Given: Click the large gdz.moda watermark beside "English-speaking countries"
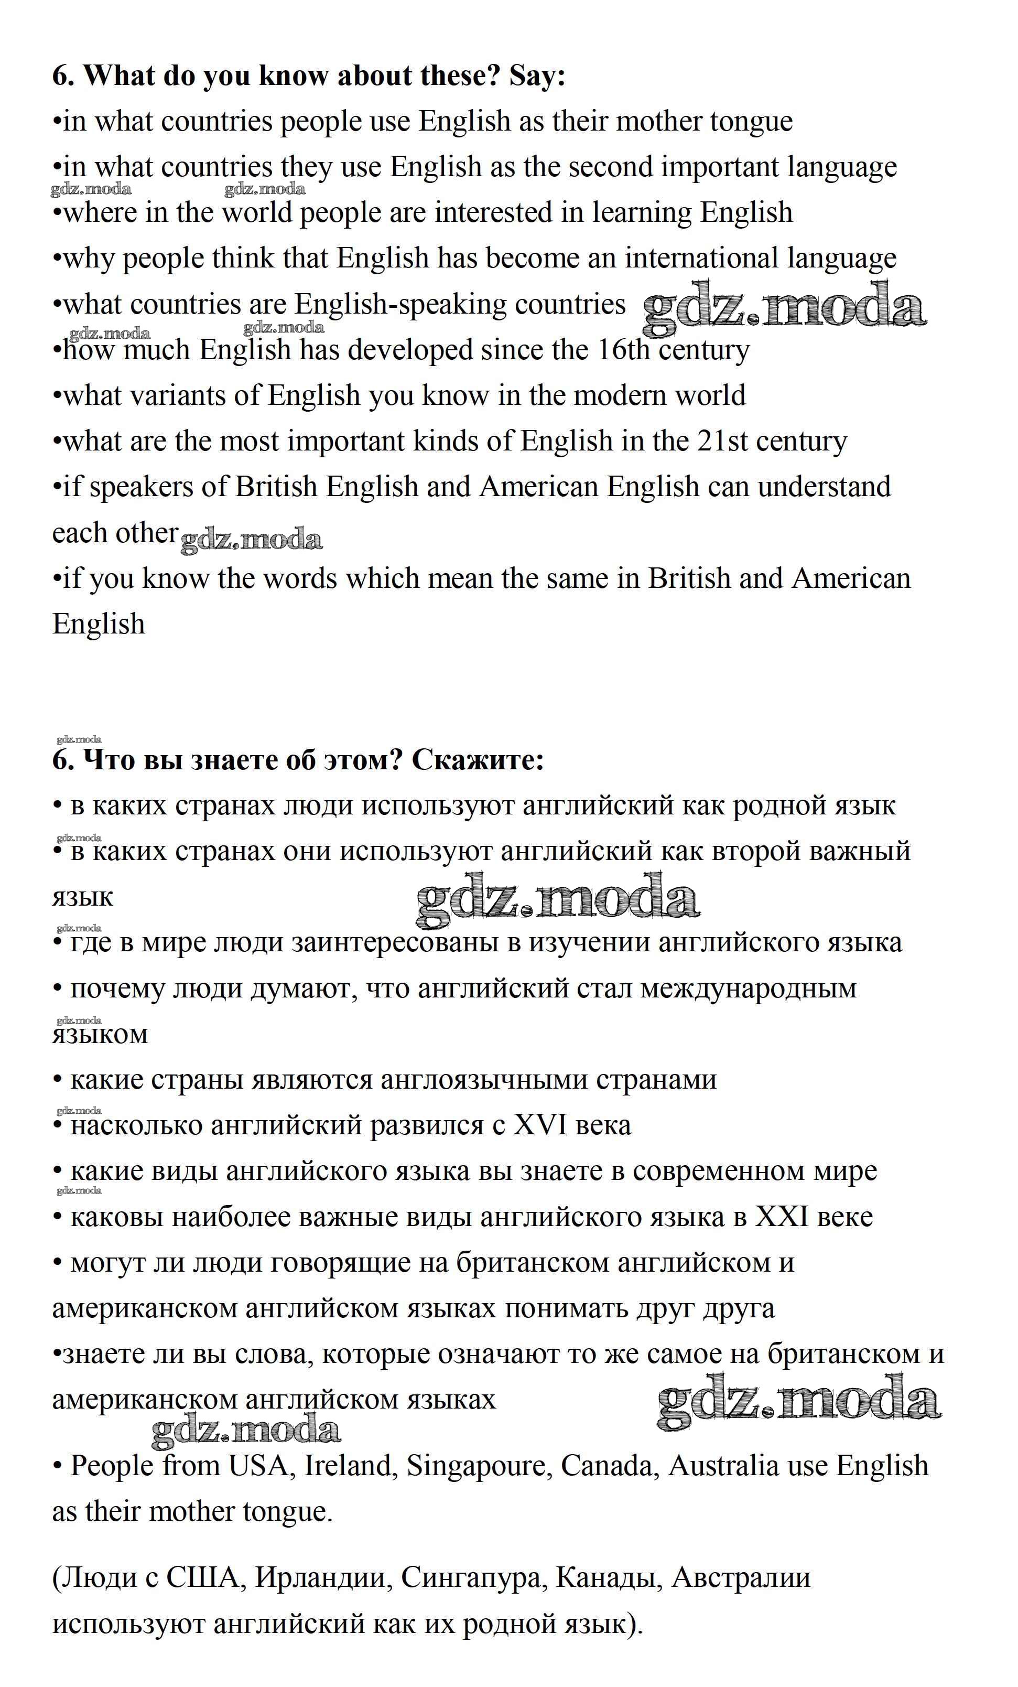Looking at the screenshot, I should coord(784,309).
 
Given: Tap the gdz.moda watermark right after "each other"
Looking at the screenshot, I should coord(251,540).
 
